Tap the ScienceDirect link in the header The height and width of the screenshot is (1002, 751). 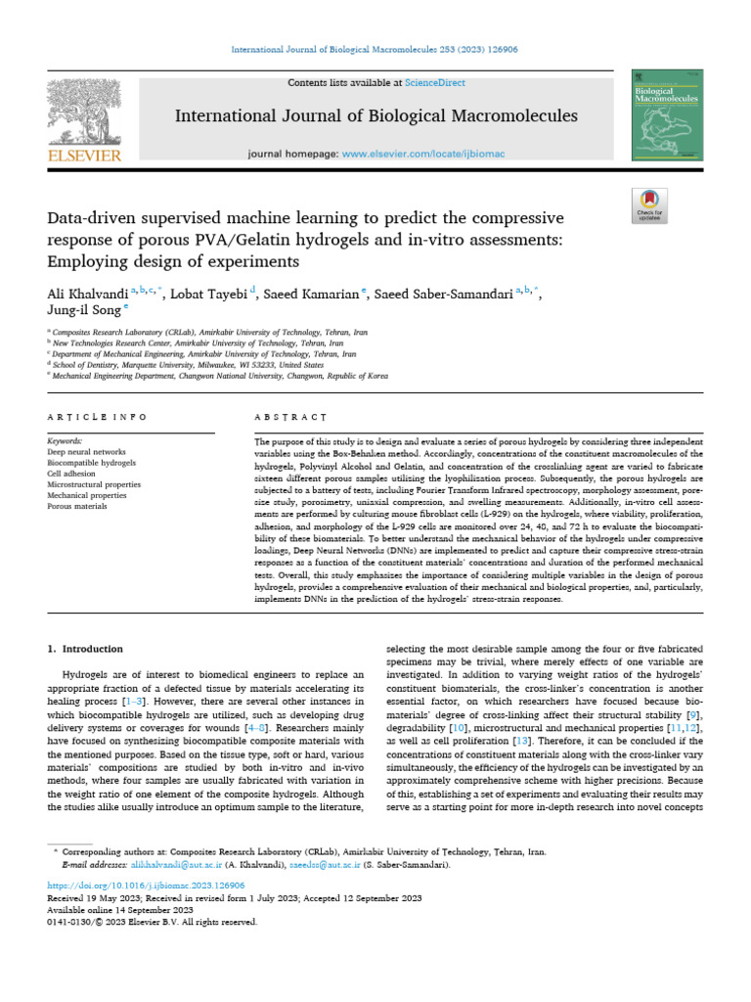(x=437, y=83)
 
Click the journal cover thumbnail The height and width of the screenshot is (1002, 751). (x=666, y=114)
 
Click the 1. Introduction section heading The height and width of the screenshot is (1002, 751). (x=86, y=649)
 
